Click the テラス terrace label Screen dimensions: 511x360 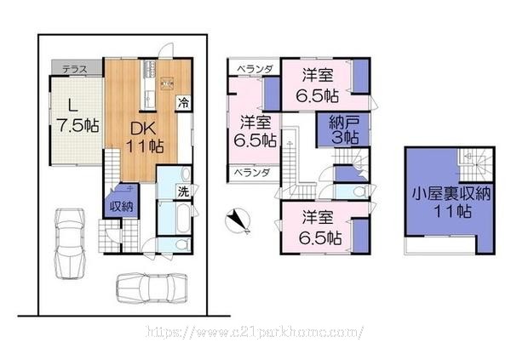[x=75, y=69]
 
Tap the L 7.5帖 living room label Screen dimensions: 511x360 [x=78, y=116]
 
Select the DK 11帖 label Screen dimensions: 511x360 [x=145, y=138]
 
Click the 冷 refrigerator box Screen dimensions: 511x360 [x=183, y=103]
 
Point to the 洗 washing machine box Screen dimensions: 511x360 [x=183, y=191]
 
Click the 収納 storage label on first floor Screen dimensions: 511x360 [x=121, y=206]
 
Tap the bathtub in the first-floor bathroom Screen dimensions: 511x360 [x=182, y=218]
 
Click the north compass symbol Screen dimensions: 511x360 [x=238, y=220]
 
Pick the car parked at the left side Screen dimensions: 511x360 [x=70, y=243]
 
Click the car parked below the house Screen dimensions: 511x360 [x=152, y=288]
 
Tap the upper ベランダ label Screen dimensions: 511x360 [x=254, y=69]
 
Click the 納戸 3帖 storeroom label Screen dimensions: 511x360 [x=344, y=130]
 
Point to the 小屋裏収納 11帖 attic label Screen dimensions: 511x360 [x=451, y=203]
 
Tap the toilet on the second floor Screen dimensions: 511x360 [x=359, y=191]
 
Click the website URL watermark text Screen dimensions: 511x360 [x=255, y=332]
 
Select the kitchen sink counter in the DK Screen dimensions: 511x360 [x=149, y=85]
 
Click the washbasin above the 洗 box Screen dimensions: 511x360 [x=186, y=174]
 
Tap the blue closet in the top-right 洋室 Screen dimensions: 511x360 [x=361, y=77]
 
